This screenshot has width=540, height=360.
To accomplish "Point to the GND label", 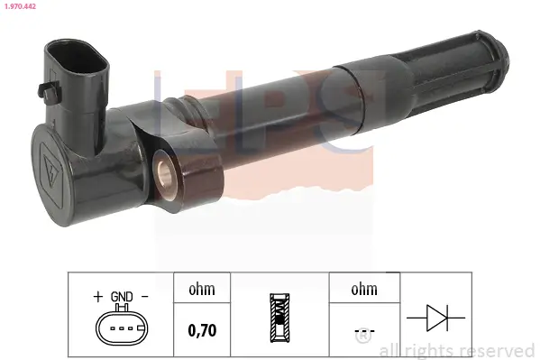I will point(122,296).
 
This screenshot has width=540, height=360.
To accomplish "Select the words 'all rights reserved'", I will point(457,350).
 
